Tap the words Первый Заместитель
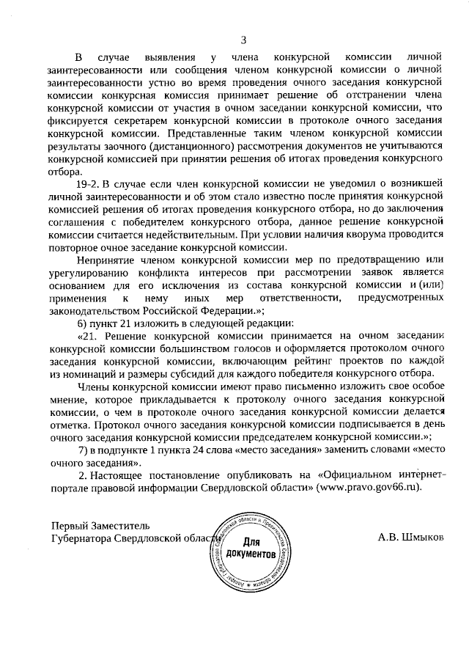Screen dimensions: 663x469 pos(100,525)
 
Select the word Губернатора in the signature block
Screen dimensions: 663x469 pos(84,538)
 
